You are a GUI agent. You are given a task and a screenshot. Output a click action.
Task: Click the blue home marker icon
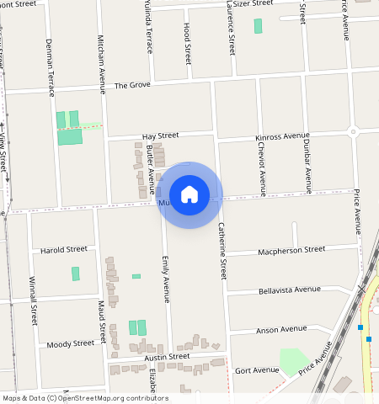(189, 194)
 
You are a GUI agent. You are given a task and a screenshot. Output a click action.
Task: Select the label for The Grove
(131, 86)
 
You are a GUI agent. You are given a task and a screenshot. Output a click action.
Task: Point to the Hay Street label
(160, 135)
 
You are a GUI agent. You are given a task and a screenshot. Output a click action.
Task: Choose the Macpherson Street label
(291, 250)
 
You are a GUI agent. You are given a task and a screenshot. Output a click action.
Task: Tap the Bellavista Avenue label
(291, 290)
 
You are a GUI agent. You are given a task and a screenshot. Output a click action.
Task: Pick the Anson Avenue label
(282, 329)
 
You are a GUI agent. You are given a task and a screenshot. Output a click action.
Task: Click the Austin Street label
(167, 357)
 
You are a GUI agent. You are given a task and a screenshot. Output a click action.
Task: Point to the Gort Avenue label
(257, 370)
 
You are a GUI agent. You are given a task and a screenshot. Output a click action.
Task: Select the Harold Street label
(64, 250)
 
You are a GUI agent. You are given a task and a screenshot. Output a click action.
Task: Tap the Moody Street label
(71, 343)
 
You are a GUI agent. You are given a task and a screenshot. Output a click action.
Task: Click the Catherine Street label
(222, 250)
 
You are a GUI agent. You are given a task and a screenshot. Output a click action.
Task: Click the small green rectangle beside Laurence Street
(258, 26)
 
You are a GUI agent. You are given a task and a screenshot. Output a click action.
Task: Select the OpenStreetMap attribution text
(85, 398)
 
